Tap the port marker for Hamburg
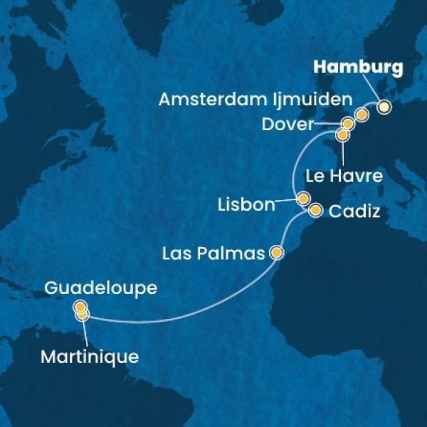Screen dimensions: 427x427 [384, 107]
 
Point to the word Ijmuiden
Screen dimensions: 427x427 [324, 99]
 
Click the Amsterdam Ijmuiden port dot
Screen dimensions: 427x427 [362, 115]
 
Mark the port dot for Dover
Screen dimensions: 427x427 [347, 122]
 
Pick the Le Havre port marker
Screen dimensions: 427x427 [343, 134]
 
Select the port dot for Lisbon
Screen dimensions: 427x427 [303, 199]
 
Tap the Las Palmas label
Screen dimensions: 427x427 [213, 253]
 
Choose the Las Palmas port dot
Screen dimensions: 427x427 [276, 252]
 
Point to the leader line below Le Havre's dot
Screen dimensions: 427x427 [343, 151]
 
